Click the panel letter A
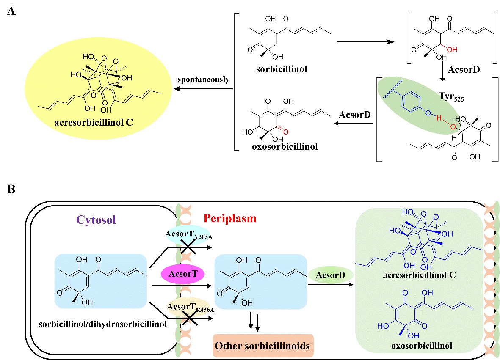point(11,11)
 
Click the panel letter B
point(11,189)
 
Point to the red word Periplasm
point(230,219)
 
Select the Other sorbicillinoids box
point(262,345)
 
